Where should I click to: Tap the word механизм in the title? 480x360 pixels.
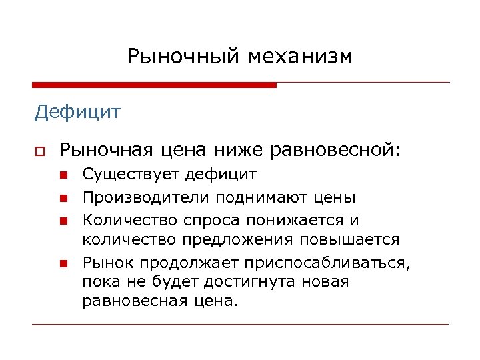pyautogui.click(x=301, y=57)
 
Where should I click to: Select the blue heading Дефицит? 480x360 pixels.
pyautogui.click(x=77, y=111)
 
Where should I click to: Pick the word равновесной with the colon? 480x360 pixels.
pyautogui.click(x=337, y=150)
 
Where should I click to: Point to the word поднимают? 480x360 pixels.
pyautogui.click(x=255, y=197)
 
